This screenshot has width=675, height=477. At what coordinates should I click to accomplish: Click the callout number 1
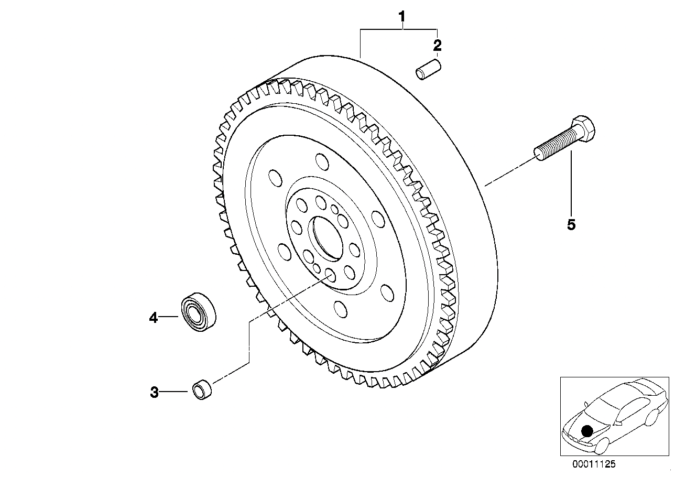click(x=402, y=17)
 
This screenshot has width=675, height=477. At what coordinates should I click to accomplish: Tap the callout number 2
click(x=437, y=45)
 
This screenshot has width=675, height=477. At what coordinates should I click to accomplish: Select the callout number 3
click(x=154, y=392)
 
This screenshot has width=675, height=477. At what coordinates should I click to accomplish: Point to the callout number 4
click(x=153, y=317)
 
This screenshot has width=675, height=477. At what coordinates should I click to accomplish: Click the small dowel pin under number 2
click(x=429, y=71)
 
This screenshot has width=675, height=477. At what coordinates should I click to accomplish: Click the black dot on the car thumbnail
click(x=587, y=430)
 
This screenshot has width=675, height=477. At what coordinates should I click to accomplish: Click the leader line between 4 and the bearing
click(x=169, y=317)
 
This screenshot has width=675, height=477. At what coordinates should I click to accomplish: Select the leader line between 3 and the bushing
click(x=174, y=392)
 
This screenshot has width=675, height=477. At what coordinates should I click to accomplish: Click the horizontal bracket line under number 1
click(x=398, y=30)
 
